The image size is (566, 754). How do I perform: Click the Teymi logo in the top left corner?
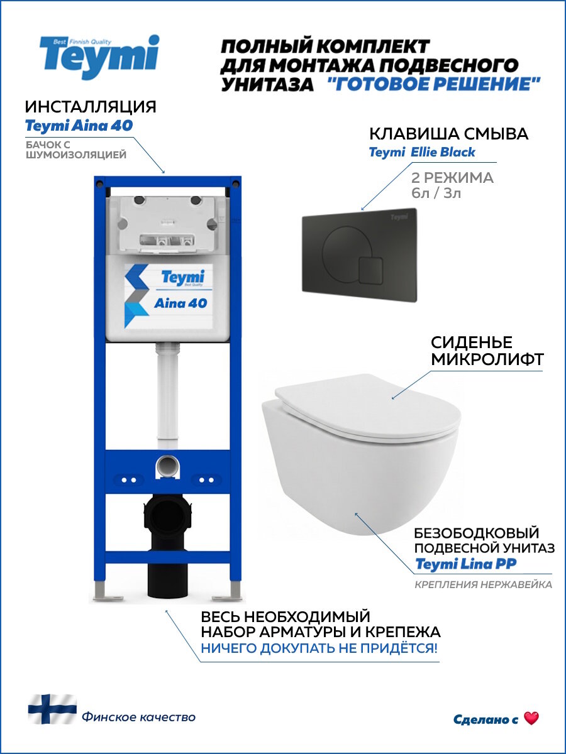(x=99, y=57)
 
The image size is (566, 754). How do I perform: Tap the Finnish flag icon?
(x=52, y=709)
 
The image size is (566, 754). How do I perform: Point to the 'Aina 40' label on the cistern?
(x=180, y=303)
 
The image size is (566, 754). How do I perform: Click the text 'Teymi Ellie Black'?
(x=421, y=152)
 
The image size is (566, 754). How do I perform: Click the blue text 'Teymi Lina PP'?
(x=466, y=564)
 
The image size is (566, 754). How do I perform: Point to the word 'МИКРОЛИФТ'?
(x=487, y=360)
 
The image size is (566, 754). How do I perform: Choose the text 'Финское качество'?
(x=138, y=717)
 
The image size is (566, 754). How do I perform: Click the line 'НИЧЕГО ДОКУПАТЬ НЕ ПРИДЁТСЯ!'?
(x=319, y=648)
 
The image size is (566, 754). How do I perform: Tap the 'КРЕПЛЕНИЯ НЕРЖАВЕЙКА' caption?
(x=483, y=585)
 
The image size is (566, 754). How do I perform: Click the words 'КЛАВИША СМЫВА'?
(x=448, y=134)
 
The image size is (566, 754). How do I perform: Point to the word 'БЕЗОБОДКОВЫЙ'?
(x=476, y=533)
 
